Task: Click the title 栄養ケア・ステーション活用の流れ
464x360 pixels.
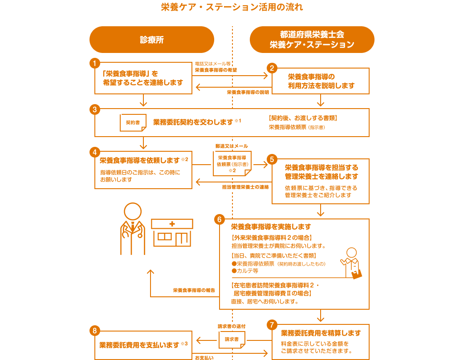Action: pyautogui.click(x=232, y=7)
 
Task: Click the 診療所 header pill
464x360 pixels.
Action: pyautogui.click(x=152, y=40)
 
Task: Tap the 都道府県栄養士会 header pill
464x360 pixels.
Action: pyautogui.click(x=312, y=40)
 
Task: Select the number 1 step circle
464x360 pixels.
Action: pyautogui.click(x=94, y=63)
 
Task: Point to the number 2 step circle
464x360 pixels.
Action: pyautogui.click(x=272, y=68)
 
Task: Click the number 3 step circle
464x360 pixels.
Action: pyautogui.click(x=94, y=109)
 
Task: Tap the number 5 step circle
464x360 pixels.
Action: pyautogui.click(x=272, y=159)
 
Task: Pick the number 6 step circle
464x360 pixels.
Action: pyautogui.click(x=219, y=219)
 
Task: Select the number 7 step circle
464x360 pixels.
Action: pyautogui.click(x=272, y=324)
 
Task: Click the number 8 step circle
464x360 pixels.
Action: pyautogui.click(x=94, y=331)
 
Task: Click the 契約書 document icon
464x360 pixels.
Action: pyautogui.click(x=133, y=122)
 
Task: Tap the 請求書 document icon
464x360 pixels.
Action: pyautogui.click(x=232, y=340)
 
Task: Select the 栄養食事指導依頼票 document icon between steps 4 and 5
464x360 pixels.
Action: pyautogui.click(x=232, y=163)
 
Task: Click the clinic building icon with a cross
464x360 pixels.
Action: pyautogui.click(x=172, y=232)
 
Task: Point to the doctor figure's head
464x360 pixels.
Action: pyautogui.click(x=133, y=211)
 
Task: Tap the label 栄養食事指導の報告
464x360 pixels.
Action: pyautogui.click(x=194, y=290)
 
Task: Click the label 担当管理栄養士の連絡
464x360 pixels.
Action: pyautogui.click(x=245, y=187)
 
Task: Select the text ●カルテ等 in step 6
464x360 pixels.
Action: pyautogui.click(x=244, y=271)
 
